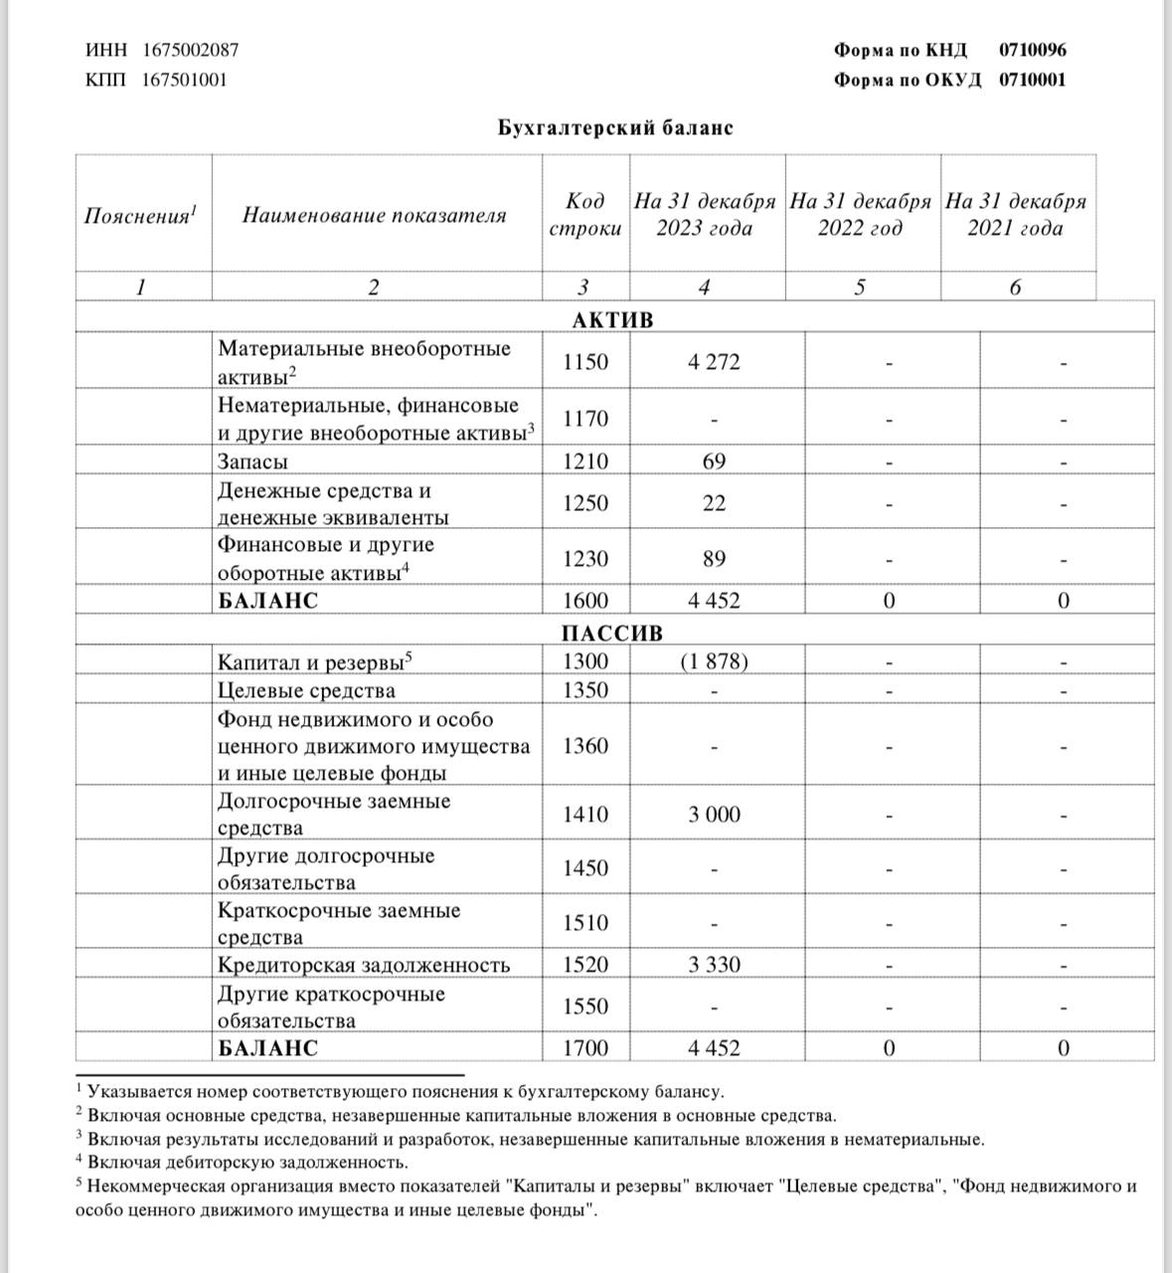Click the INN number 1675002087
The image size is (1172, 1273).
tap(190, 50)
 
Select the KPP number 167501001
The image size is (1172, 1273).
tap(184, 80)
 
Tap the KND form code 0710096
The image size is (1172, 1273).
tap(1032, 50)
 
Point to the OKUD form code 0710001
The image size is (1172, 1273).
tap(1032, 80)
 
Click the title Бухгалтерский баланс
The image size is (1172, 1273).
tap(615, 127)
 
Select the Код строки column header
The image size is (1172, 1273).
tap(586, 214)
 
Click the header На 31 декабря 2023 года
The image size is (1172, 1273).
tap(705, 214)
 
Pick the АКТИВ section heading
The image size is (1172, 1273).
tap(613, 320)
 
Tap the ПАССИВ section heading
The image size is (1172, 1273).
tap(612, 634)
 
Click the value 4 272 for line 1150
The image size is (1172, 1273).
tap(714, 362)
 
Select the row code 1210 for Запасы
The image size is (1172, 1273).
tap(586, 461)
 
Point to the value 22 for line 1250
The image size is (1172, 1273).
tap(714, 503)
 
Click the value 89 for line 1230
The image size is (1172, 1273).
tap(714, 559)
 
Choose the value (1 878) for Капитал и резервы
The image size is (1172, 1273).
tap(714, 661)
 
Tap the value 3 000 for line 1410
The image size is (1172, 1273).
tap(714, 815)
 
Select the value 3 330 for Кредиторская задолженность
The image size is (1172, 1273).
tap(714, 965)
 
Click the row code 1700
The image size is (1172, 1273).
tap(586, 1048)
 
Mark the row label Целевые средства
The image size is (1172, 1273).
tap(306, 690)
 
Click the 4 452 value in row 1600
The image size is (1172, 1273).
tap(714, 601)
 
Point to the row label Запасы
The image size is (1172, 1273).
tap(253, 461)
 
